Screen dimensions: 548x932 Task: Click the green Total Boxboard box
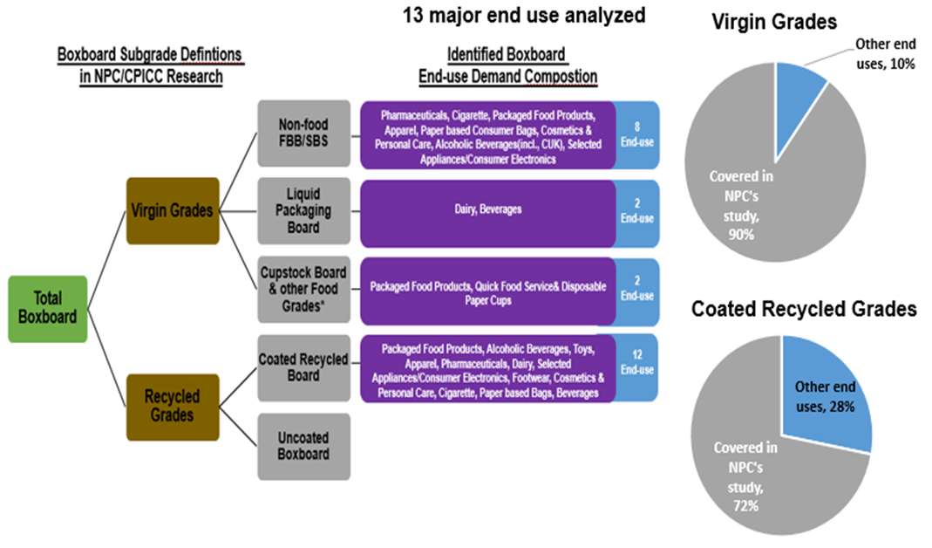click(x=48, y=308)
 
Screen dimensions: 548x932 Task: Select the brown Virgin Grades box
click(x=172, y=210)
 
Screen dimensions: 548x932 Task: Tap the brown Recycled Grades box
click(x=172, y=406)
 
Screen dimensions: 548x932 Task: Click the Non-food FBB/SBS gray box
click(x=304, y=134)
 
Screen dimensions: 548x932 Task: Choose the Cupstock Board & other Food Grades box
click(x=304, y=289)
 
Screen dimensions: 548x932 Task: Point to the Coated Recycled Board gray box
click(x=304, y=367)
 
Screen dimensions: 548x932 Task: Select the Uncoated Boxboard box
click(x=304, y=446)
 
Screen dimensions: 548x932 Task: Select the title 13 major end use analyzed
click(x=523, y=15)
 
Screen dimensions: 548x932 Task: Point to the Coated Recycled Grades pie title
click(x=804, y=309)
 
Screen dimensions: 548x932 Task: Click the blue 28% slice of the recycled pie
click(x=824, y=393)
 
